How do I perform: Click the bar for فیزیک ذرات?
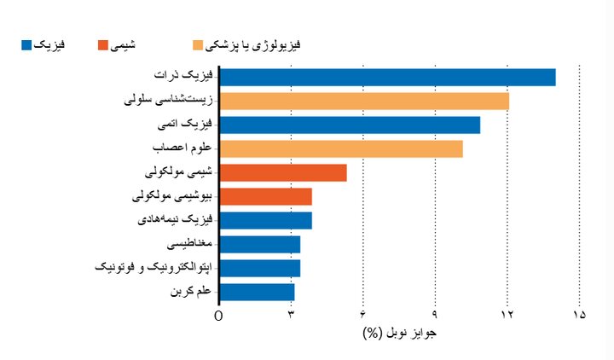click(x=388, y=77)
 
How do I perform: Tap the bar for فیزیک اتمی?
click(x=350, y=125)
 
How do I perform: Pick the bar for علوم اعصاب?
click(x=341, y=148)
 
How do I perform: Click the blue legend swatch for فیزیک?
click(x=26, y=44)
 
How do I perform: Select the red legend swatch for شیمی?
click(x=103, y=44)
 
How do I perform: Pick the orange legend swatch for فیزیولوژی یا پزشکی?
click(x=198, y=44)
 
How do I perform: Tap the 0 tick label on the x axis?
click(x=219, y=315)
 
